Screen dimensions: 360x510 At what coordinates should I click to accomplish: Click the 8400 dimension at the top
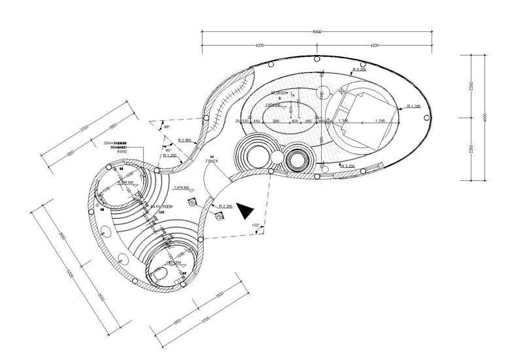317,31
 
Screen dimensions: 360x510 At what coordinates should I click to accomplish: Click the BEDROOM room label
280,94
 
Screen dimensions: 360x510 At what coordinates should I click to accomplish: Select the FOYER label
211,159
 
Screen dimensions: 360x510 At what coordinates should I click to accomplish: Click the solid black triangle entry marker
245,210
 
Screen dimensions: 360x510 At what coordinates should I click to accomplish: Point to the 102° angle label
256,226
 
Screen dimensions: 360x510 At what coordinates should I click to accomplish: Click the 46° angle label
166,126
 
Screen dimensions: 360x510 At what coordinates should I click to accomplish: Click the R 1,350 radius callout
413,106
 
